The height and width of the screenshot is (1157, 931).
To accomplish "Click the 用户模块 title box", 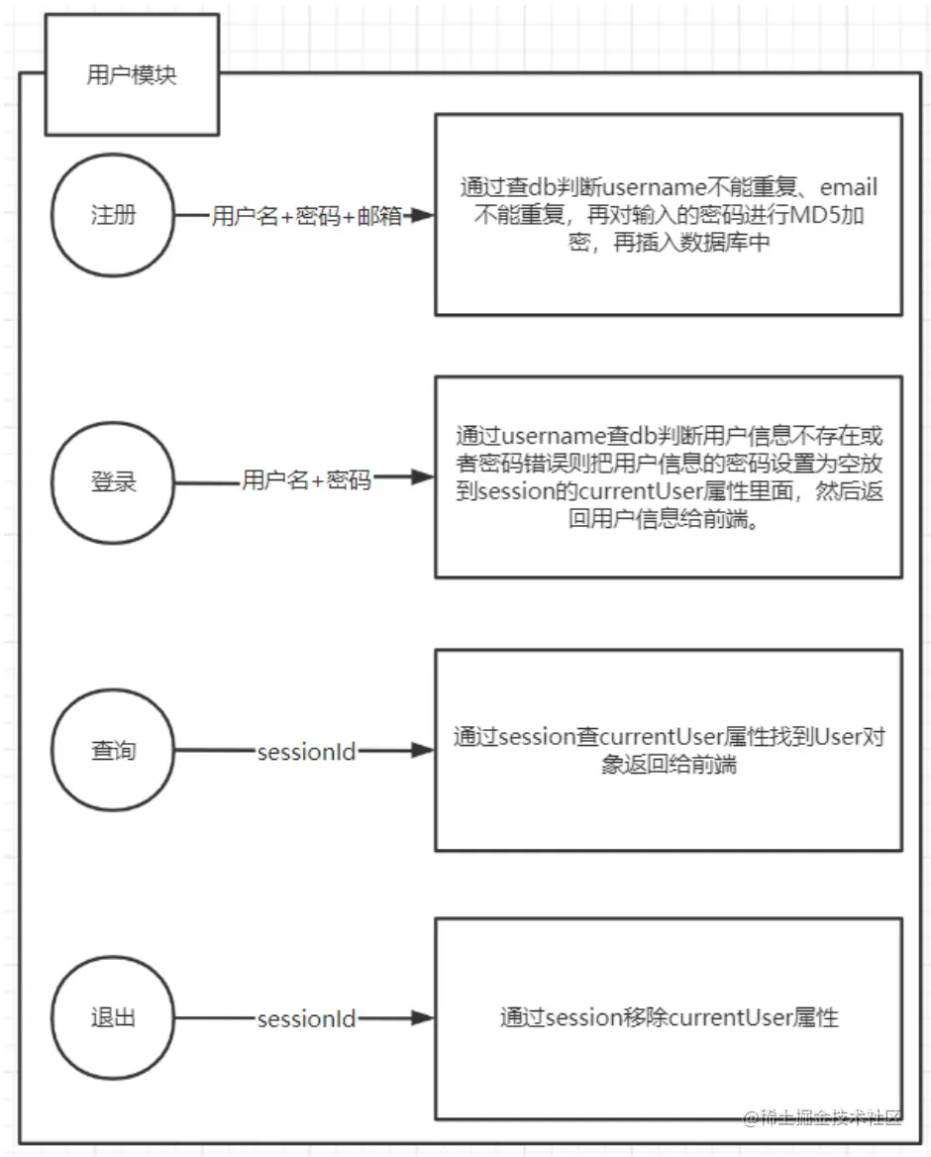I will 132,75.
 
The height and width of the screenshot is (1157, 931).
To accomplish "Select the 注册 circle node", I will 113,215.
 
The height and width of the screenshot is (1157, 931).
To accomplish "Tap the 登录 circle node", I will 113,482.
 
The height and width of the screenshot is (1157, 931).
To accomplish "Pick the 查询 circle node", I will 113,751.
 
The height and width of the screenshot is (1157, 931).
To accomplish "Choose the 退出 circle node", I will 113,1018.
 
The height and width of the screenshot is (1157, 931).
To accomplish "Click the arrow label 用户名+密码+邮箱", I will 306,217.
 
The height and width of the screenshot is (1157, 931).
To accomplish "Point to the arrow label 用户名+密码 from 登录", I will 306,481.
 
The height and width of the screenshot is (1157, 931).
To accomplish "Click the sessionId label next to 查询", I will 306,752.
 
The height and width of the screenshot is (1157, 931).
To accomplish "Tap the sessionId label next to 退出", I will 306,1019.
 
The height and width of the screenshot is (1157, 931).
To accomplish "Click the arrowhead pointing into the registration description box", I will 424,216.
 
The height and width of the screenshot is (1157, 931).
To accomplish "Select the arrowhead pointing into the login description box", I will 424,477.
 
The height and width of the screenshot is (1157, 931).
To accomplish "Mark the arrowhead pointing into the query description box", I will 424,751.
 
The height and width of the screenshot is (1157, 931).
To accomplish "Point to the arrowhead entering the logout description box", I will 424,1018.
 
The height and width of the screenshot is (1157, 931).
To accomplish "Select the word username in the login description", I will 554,437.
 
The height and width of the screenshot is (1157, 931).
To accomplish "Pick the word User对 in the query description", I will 849,737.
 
